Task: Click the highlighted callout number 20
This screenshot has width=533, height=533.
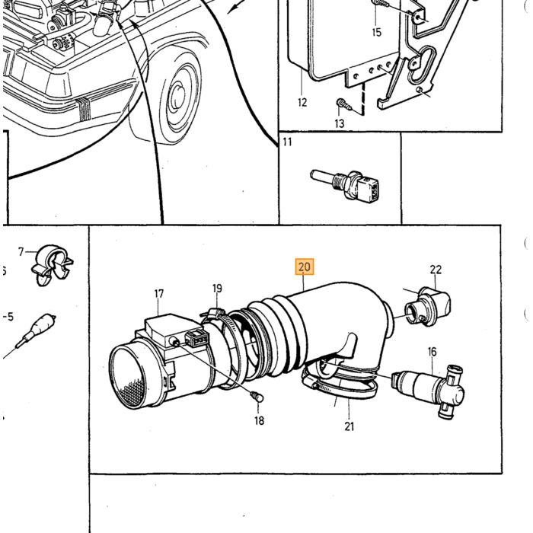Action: click(305, 266)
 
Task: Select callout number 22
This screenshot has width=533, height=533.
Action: click(436, 270)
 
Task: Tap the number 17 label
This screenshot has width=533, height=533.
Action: click(158, 294)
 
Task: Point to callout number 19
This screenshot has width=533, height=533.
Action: click(217, 289)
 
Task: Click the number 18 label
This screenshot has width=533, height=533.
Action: click(259, 421)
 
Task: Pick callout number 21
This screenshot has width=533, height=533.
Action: click(349, 426)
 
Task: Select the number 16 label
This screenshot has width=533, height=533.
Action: click(432, 352)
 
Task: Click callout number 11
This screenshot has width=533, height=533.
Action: click(287, 142)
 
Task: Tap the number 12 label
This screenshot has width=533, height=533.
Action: click(302, 102)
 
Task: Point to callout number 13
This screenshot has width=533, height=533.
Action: click(340, 123)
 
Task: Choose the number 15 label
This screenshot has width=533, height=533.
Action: click(377, 32)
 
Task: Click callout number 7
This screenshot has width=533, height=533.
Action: click(21, 252)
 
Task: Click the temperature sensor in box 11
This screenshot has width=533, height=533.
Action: click(345, 184)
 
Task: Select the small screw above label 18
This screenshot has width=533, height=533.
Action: click(257, 397)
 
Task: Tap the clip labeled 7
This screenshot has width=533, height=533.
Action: click(53, 265)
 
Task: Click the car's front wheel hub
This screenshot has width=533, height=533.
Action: click(177, 97)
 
